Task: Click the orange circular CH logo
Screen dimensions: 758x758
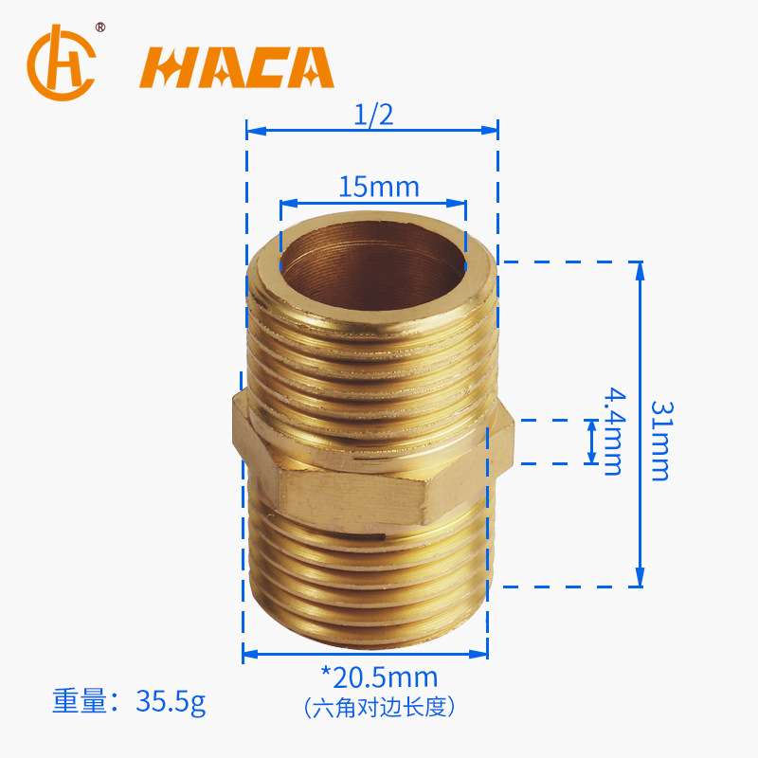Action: (x=62, y=63)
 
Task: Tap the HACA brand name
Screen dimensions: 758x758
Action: (x=237, y=67)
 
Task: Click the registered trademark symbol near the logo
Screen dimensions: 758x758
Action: (x=100, y=27)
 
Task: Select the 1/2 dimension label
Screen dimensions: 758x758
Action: (x=373, y=115)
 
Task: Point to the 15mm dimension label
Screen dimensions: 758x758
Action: (x=378, y=187)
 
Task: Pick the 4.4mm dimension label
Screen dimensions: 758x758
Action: (x=614, y=431)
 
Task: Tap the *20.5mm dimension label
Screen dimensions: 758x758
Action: (x=380, y=677)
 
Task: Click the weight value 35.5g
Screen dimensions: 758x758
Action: (x=171, y=701)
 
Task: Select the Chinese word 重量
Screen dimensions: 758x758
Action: (x=79, y=700)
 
